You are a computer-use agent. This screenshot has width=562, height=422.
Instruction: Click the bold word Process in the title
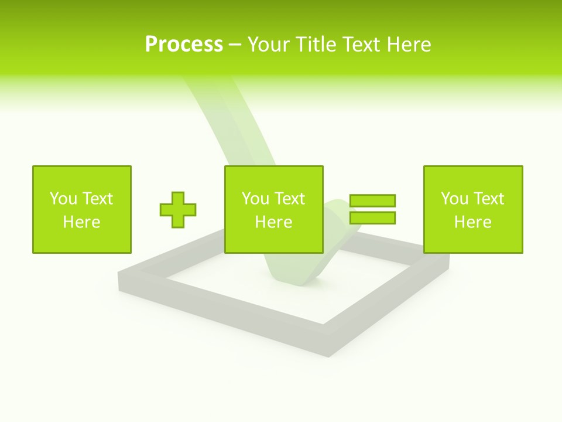pos(184,44)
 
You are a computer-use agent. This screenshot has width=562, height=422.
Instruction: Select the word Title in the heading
pos(317,44)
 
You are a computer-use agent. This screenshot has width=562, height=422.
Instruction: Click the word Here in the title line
pos(410,44)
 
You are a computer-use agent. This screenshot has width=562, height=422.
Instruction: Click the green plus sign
pos(178,210)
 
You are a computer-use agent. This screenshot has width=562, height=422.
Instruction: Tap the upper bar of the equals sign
pos(372,201)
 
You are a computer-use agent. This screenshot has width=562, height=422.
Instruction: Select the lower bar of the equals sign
pos(372,217)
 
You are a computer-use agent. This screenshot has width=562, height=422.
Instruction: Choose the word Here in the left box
pos(81,222)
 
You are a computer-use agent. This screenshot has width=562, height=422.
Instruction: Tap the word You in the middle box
pos(255,198)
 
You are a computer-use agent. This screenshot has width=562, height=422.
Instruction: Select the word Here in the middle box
pos(273,222)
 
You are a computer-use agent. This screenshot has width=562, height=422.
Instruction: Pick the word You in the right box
pos(454,198)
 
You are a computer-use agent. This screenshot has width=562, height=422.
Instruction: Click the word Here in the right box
pos(472,222)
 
